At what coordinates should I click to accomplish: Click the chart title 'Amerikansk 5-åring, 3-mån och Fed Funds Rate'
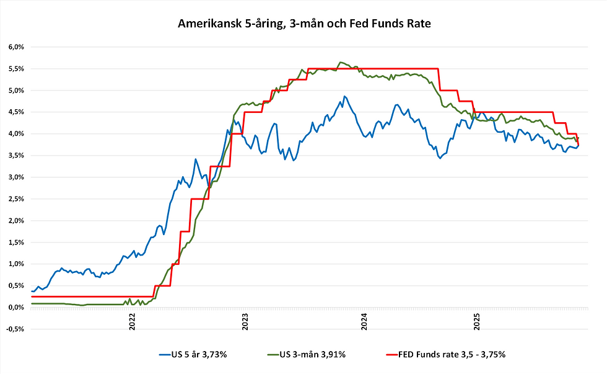click(x=303, y=24)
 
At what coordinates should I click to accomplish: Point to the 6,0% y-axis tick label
click(x=15, y=47)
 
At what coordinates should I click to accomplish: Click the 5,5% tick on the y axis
click(x=15, y=69)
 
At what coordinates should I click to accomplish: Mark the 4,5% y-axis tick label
click(x=15, y=112)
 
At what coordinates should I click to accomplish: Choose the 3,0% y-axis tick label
click(x=15, y=177)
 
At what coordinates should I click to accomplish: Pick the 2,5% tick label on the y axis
click(x=15, y=199)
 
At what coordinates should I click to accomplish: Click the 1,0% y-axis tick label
click(x=15, y=264)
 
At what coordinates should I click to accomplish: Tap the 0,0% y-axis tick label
click(x=15, y=308)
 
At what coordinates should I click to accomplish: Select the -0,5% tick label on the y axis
click(x=14, y=329)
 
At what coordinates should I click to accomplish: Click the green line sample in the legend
click(x=271, y=354)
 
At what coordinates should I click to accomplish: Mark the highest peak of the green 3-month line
click(x=340, y=62)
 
